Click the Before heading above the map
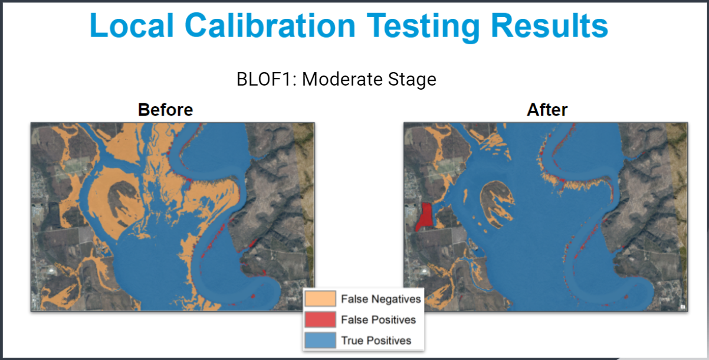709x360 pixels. (165, 110)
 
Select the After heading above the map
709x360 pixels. (547, 110)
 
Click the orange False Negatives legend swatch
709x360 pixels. (320, 299)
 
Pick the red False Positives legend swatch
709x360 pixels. (320, 320)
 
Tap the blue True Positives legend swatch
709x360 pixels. (320, 341)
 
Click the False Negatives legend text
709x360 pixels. (380, 299)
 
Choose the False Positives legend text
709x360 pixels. (378, 320)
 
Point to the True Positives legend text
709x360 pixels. (376, 341)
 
